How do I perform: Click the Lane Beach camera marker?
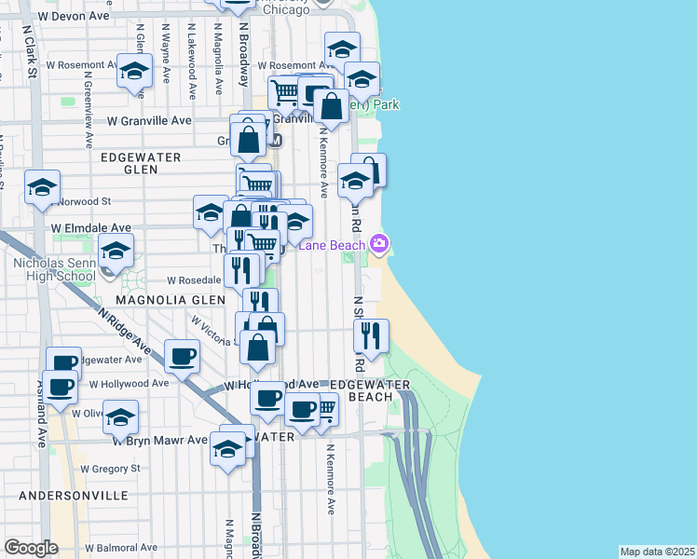click(379, 244)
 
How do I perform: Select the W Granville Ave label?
click(149, 120)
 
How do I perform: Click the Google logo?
click(32, 548)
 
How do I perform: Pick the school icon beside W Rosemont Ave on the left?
click(135, 72)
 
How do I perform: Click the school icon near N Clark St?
click(42, 188)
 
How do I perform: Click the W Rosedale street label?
click(193, 279)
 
